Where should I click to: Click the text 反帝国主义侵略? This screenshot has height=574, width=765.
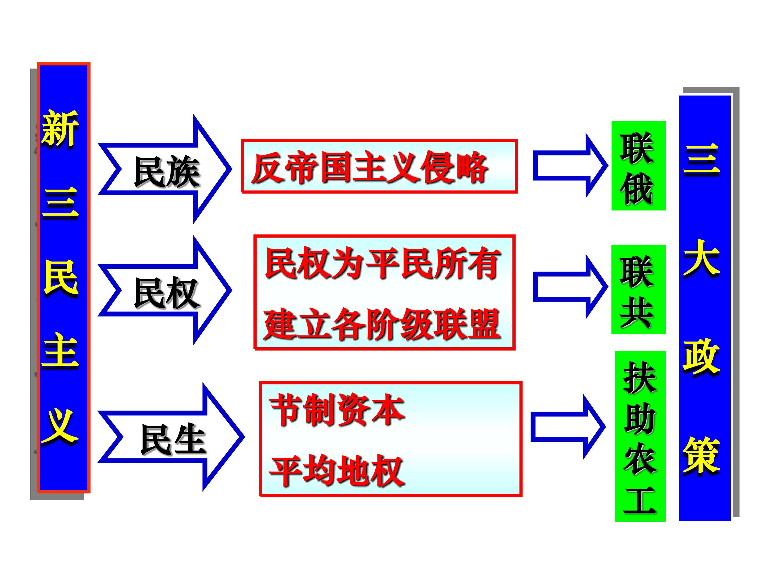tap(369, 167)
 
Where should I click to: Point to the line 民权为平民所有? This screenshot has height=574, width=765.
tap(382, 264)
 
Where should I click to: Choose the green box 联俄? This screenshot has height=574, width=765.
tap(638, 166)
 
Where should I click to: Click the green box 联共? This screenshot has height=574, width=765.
tap(638, 289)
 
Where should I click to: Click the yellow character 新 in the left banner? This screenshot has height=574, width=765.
tap(60, 128)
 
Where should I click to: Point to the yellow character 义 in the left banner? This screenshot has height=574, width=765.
tap(60, 426)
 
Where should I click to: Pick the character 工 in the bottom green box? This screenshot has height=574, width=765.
tap(640, 500)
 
